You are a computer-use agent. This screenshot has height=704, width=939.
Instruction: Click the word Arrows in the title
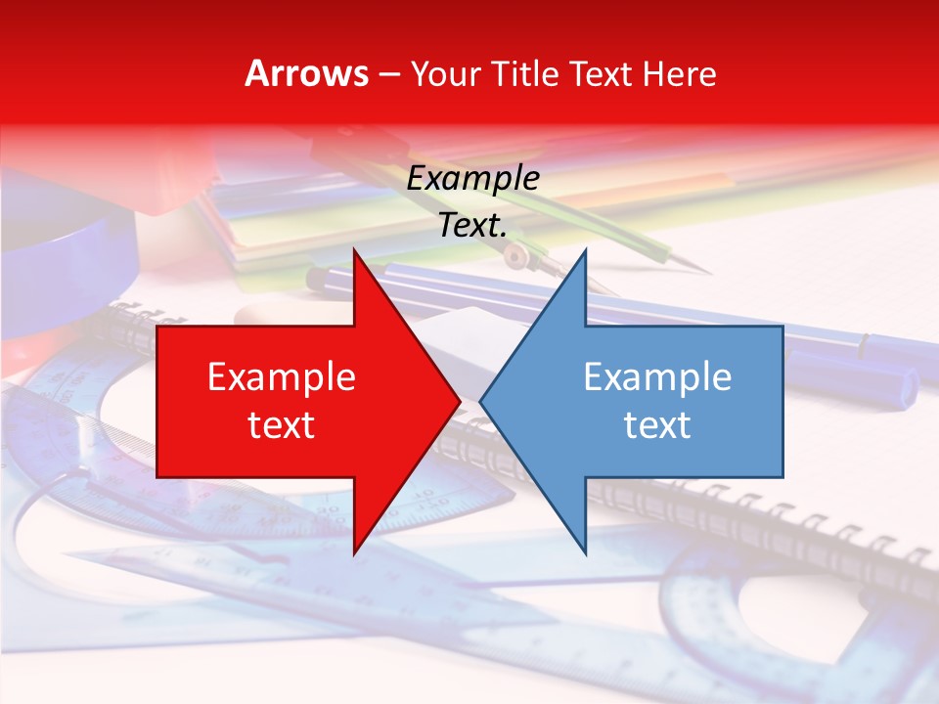coord(307,73)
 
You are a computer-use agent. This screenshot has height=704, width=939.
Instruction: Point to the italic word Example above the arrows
coord(473,179)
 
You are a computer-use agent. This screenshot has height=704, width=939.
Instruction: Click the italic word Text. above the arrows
coord(473,226)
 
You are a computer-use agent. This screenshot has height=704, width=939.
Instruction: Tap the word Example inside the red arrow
coord(282,377)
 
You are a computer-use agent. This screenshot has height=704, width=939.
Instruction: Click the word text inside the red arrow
coord(282,425)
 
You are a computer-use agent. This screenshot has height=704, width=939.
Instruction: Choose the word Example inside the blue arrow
coord(657,377)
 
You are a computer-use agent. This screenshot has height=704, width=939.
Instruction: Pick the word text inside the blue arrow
coord(657,425)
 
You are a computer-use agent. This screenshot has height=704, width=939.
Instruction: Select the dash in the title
coord(388,74)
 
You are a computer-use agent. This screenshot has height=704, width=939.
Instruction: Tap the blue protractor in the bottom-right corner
coord(782,626)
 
